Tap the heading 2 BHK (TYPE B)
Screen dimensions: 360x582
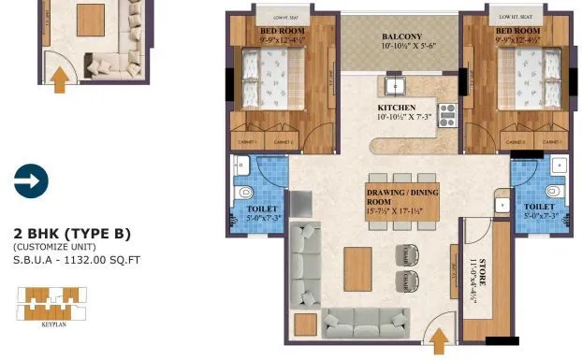[x=72, y=233]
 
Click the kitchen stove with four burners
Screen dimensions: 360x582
[x=446, y=113]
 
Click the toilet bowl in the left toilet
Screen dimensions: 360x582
[x=244, y=193]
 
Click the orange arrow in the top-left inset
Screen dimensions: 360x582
[x=60, y=79]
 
